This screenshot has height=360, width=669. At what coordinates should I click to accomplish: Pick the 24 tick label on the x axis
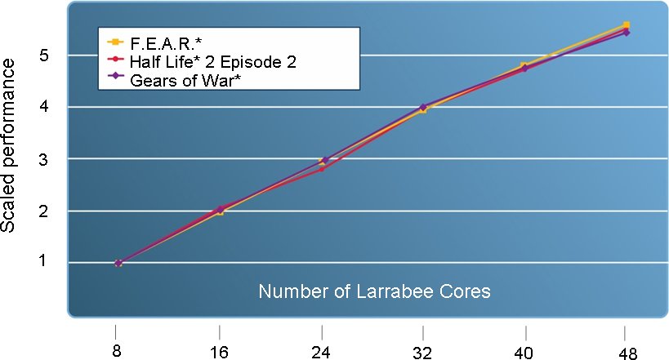(x=322, y=334)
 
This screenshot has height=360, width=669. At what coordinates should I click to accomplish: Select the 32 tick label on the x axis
(x=423, y=334)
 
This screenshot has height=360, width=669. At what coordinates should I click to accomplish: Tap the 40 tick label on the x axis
(x=524, y=334)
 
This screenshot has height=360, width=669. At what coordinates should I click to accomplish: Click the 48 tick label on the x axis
(x=626, y=334)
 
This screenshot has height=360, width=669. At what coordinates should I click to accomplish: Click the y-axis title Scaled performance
(x=11, y=156)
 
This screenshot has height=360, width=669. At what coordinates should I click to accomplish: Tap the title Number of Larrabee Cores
(x=375, y=291)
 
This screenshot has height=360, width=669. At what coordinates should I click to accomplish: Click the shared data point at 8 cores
(x=118, y=263)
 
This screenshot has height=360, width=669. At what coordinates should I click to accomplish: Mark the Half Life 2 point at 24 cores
(x=322, y=169)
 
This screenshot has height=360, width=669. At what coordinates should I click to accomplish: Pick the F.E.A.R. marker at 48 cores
(x=626, y=25)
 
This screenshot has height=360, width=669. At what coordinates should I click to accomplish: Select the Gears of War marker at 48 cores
(x=626, y=33)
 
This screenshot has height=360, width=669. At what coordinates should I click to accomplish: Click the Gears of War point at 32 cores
(x=423, y=106)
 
